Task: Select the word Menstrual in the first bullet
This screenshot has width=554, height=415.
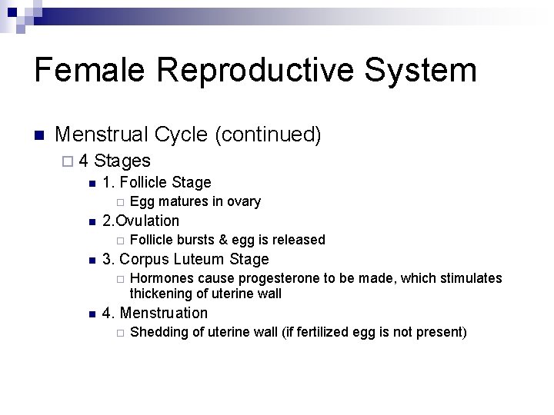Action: (x=102, y=135)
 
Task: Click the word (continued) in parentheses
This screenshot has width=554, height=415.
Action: (x=269, y=135)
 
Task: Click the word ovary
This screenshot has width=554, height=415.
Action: (x=244, y=201)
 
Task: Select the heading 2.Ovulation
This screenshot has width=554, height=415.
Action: (x=141, y=221)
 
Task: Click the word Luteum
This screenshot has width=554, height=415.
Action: (x=199, y=259)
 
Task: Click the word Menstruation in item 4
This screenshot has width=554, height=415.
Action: (x=164, y=313)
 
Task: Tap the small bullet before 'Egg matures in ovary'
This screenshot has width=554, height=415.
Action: (x=119, y=202)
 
